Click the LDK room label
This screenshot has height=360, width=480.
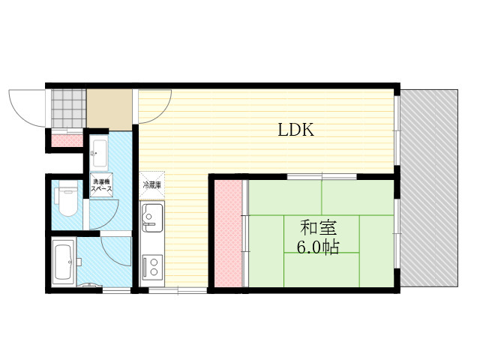click(x=296, y=130)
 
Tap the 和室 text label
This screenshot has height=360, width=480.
click(x=318, y=228)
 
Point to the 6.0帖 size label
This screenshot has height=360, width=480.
click(x=318, y=247)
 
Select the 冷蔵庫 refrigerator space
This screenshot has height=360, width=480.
click(x=152, y=185)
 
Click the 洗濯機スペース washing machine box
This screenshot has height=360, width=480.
click(x=102, y=185)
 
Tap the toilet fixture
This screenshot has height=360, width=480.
click(x=66, y=198)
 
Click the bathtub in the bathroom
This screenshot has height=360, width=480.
click(x=64, y=262)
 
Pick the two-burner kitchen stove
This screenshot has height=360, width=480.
click(x=152, y=266)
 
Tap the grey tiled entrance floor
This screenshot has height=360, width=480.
click(x=68, y=108)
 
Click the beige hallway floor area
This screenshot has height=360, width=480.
click(x=109, y=109)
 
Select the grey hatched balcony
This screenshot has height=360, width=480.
click(x=429, y=188)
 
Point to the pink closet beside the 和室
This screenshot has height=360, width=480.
click(x=228, y=233)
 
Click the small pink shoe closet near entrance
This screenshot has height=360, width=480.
click(x=67, y=140)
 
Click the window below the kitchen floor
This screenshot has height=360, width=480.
click(x=178, y=290)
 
